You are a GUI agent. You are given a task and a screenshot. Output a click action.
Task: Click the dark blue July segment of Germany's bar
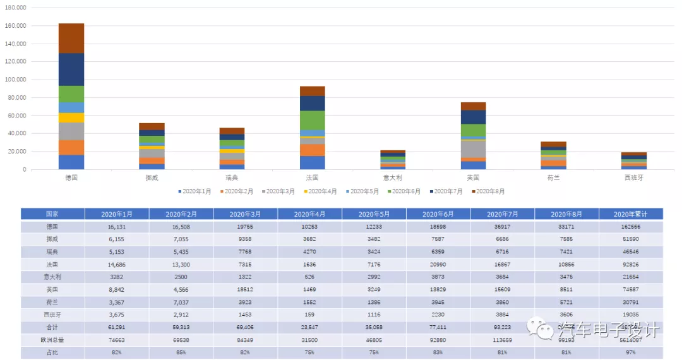pos(71,69)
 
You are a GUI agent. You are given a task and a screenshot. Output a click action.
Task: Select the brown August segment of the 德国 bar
pos(71,39)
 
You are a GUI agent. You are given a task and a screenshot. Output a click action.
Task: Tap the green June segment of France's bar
pos(313,120)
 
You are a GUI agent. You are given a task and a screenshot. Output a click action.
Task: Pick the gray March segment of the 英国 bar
pos(474,148)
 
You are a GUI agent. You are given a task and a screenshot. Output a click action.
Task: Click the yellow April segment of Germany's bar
pos(71,117)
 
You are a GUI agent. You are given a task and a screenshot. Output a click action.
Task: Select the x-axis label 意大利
pos(393,178)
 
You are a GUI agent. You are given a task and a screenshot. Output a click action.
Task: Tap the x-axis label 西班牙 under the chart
pos(633,178)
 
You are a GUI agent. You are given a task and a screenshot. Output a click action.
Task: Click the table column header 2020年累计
pos(631,214)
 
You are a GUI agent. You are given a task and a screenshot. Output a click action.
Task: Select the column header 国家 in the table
pos(52,214)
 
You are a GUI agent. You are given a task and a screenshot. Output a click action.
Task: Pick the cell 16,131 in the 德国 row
pos(117,226)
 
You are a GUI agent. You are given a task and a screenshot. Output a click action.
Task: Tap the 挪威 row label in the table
pos(52,238)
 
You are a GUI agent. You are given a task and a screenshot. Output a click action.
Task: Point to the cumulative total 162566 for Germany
pos(631,226)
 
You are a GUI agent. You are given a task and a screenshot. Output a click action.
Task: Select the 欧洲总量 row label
pos(52,339)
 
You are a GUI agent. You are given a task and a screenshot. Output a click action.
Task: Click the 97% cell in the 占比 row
pos(631,351)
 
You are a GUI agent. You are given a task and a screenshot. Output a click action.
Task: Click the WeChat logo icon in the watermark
pos(541,328)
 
